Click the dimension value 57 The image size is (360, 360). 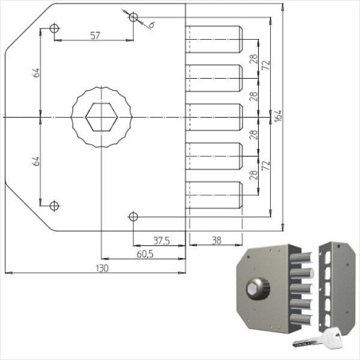click(95, 35)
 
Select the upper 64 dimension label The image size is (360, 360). click(37, 73)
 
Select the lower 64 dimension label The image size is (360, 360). click(37, 160)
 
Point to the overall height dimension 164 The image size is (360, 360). click(277, 117)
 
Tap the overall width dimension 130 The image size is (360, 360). click(102, 269)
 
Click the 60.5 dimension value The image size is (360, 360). click(144, 254)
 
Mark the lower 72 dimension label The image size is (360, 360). click(267, 165)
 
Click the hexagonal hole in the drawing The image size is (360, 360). click(100, 118)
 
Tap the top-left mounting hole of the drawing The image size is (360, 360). click(54, 29)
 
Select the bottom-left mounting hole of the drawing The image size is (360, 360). click(54, 205)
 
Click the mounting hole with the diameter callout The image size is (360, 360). click(133, 17)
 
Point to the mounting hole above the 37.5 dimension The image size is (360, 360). click(133, 216)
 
